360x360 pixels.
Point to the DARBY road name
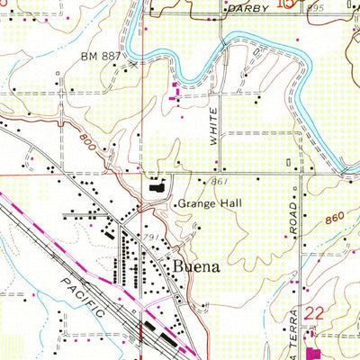click(248, 7)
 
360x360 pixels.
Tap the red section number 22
click(313, 313)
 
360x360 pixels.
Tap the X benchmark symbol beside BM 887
click(132, 65)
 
